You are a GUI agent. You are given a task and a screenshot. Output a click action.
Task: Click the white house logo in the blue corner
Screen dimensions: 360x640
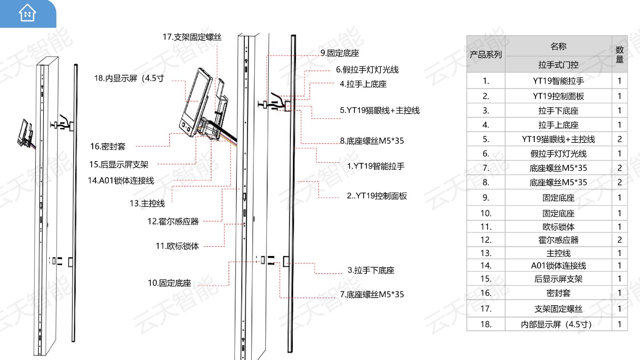pyautogui.click(x=27, y=13)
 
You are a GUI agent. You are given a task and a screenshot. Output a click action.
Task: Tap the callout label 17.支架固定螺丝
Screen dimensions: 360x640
pyautogui.click(x=192, y=37)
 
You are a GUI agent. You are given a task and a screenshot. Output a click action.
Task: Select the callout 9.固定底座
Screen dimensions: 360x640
pyautogui.click(x=340, y=53)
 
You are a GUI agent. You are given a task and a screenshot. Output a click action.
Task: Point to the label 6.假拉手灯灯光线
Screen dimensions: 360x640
pyautogui.click(x=367, y=70)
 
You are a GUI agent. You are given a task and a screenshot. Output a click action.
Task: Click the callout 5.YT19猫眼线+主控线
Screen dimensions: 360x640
pyautogui.click(x=380, y=110)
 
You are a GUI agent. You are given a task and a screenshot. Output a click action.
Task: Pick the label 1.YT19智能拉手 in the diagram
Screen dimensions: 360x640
pyautogui.click(x=376, y=166)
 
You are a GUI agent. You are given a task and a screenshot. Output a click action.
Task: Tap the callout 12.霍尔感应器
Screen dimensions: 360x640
pyautogui.click(x=173, y=222)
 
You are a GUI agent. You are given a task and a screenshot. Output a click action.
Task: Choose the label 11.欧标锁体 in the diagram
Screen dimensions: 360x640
pyautogui.click(x=177, y=246)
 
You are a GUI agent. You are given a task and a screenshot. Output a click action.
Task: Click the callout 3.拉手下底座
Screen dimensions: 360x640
pyautogui.click(x=371, y=270)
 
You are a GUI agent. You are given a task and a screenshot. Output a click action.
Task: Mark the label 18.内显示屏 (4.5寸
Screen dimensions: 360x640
pyautogui.click(x=129, y=78)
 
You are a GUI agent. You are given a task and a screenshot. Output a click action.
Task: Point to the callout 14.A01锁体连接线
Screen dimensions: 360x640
pyautogui.click(x=121, y=181)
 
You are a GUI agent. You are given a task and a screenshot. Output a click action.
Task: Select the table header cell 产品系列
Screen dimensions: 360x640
pyautogui.click(x=486, y=54)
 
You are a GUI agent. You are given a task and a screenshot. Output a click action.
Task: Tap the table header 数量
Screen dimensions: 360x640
pyautogui.click(x=619, y=54)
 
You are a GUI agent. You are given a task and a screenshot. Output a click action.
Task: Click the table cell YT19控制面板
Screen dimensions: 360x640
pyautogui.click(x=558, y=96)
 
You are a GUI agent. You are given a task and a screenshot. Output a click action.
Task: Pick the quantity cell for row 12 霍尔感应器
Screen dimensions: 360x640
pyautogui.click(x=619, y=240)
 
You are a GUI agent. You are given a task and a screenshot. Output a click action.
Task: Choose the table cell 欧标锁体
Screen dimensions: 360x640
pyautogui.click(x=558, y=227)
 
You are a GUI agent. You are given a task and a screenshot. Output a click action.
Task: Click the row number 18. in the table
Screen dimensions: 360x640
pyautogui.click(x=486, y=324)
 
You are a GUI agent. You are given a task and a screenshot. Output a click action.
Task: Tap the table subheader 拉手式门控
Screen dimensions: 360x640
pyautogui.click(x=558, y=65)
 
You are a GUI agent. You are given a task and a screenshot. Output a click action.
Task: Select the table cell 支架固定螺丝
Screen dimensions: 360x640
pyautogui.click(x=558, y=309)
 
